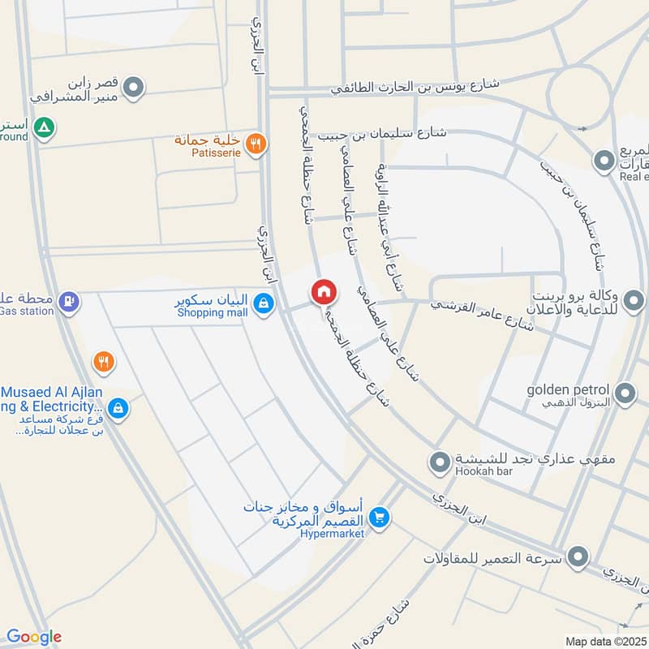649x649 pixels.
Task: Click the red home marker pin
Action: click(323, 291)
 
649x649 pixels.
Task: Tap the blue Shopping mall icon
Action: click(262, 304)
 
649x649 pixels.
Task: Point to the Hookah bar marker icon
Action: click(440, 462)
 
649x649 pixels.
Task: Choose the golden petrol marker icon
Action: click(625, 394)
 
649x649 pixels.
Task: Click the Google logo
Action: click(33, 637)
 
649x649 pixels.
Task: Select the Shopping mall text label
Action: click(212, 312)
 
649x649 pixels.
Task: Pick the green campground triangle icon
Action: click(45, 127)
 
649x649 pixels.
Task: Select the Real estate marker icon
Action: click(604, 161)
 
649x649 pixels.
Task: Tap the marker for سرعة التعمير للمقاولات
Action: click(578, 557)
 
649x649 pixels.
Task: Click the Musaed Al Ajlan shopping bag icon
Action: click(118, 408)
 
